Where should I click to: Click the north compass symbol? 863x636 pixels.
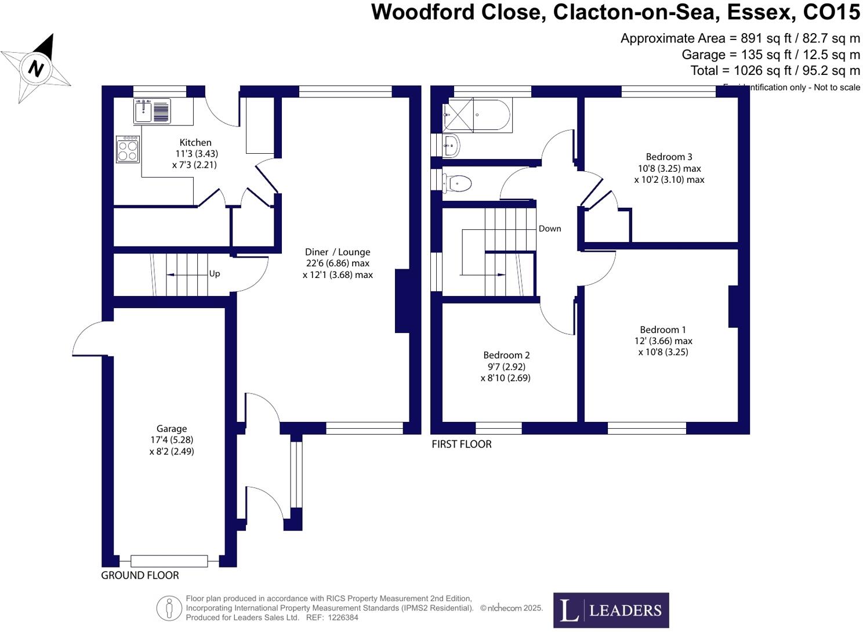[36, 68]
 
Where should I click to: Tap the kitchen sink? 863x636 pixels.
[153, 110]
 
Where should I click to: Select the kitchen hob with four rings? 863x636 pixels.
[128, 149]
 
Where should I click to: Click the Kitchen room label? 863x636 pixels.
[195, 143]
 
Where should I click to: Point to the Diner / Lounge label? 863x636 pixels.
[338, 252]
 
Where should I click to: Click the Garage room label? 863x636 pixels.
[172, 429]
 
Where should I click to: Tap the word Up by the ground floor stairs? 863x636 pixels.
[215, 274]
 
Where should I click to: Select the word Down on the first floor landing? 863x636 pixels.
[550, 229]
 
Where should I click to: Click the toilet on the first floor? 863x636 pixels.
[458, 183]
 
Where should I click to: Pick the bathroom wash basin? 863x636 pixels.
[451, 145]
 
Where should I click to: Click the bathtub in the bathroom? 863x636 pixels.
[477, 115]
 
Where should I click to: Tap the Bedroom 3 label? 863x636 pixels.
[669, 157]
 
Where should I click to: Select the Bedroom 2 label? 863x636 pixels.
[506, 355]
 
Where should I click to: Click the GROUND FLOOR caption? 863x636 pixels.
[140, 575]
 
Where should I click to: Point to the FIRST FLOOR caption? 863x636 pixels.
[461, 444]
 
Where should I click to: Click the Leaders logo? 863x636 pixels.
[611, 610]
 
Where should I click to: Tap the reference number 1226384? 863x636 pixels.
[343, 617]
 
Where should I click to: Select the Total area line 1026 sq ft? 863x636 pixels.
[775, 71]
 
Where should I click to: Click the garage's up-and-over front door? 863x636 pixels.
[169, 561]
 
